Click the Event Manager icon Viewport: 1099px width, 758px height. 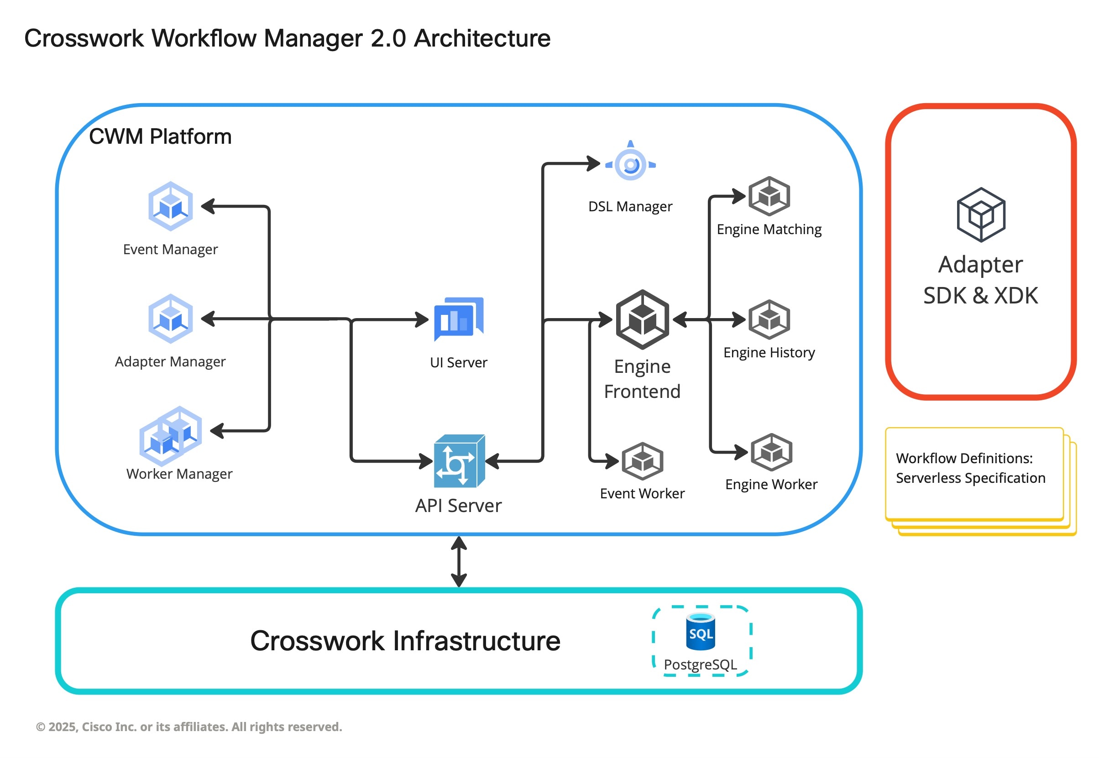click(x=171, y=206)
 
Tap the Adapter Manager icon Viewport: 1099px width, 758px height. click(x=171, y=318)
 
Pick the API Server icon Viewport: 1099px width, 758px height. click(x=459, y=461)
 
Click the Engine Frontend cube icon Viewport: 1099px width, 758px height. click(x=642, y=319)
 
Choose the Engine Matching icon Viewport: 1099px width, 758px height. click(x=769, y=196)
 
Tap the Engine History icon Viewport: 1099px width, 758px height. click(x=769, y=319)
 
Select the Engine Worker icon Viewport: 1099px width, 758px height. click(x=771, y=452)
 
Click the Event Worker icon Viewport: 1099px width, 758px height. click(x=642, y=461)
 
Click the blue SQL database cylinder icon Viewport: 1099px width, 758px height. click(x=701, y=631)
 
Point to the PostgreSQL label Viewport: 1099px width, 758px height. click(x=700, y=664)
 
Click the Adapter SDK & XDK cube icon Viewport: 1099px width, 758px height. click(x=980, y=214)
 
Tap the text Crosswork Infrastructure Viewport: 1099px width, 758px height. click(x=405, y=641)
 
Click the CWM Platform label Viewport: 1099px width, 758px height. click(x=160, y=137)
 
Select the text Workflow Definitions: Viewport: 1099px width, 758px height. click(x=963, y=458)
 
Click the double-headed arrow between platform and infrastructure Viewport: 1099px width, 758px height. click(x=458, y=561)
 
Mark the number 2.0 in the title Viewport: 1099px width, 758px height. click(x=388, y=38)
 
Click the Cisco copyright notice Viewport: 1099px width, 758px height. click(x=189, y=727)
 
